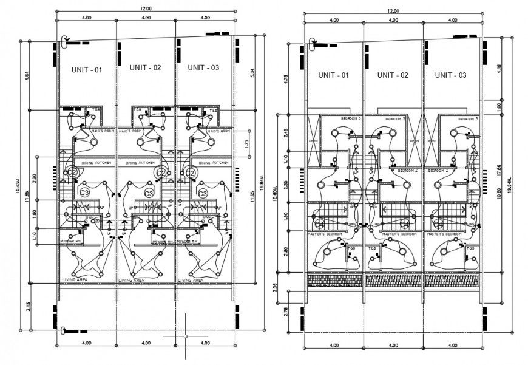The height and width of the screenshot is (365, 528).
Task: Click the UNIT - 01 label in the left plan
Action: coord(87,70)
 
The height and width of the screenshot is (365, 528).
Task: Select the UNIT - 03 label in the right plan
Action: coord(450,75)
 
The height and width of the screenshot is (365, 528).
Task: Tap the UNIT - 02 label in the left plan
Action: coord(146,68)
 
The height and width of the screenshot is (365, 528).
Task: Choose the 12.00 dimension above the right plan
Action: coord(393,10)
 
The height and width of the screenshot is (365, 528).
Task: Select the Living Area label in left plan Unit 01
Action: coord(74,280)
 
